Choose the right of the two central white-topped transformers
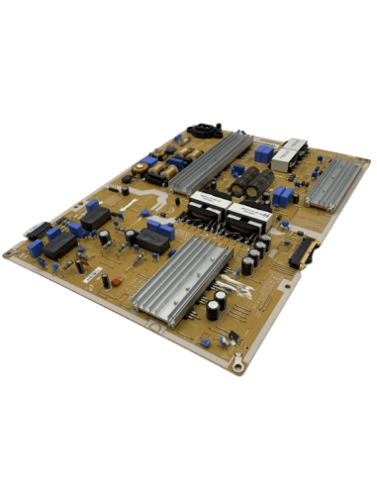245,217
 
